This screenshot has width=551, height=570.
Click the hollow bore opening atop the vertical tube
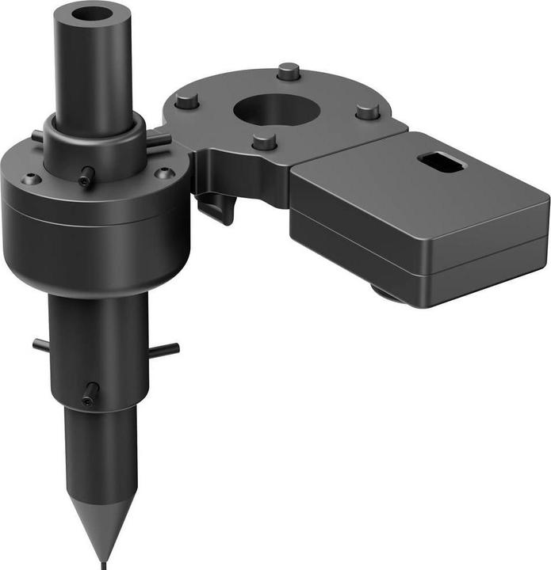click(x=92, y=15)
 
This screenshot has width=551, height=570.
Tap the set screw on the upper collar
click(x=86, y=176)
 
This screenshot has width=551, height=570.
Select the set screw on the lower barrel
click(x=90, y=391)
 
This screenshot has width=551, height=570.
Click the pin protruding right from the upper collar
click(x=159, y=140)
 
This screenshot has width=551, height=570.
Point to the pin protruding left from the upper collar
click(x=37, y=136)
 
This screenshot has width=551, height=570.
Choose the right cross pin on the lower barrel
click(x=166, y=349)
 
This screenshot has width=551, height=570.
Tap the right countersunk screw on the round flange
click(x=164, y=173)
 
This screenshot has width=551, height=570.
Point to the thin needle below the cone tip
click(x=101, y=564)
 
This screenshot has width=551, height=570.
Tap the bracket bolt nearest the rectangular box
click(x=367, y=110)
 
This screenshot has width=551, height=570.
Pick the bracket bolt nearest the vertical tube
click(x=187, y=101)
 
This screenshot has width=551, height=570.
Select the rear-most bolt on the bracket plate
click(x=289, y=71)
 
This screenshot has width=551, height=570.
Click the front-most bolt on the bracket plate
click(x=264, y=142)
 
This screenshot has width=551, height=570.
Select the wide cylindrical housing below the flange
click(x=95, y=237)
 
